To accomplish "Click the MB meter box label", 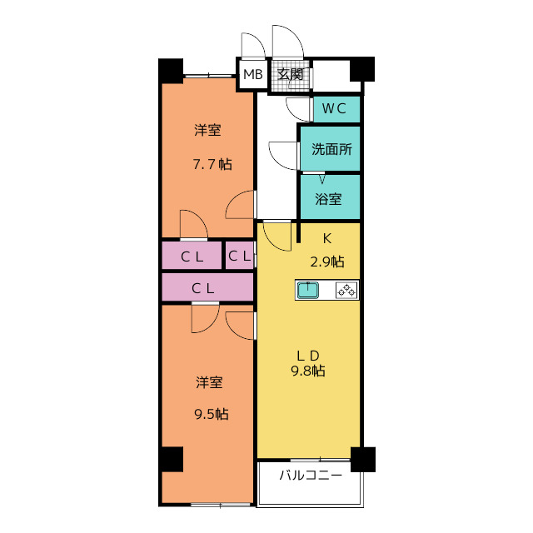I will pyautogui.click(x=253, y=75).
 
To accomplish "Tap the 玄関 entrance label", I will pyautogui.click(x=291, y=75).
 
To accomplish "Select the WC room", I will pyautogui.click(x=336, y=108).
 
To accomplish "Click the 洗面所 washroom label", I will pyautogui.click(x=331, y=150).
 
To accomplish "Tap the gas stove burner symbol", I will pyautogui.click(x=346, y=290).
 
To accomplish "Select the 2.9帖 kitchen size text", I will pyautogui.click(x=327, y=262).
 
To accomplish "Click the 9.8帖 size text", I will pyautogui.click(x=308, y=371).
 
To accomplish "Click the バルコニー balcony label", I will pyautogui.click(x=310, y=476).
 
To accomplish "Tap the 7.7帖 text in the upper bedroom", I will pyautogui.click(x=212, y=164).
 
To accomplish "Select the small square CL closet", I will pyautogui.click(x=239, y=257).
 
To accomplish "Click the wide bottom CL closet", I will pyautogui.click(x=207, y=287).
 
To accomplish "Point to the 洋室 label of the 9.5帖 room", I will pyautogui.click(x=209, y=382).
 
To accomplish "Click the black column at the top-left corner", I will pyautogui.click(x=171, y=69).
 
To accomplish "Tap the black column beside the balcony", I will pyautogui.click(x=363, y=458).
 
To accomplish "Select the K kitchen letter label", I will pyautogui.click(x=327, y=237).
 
